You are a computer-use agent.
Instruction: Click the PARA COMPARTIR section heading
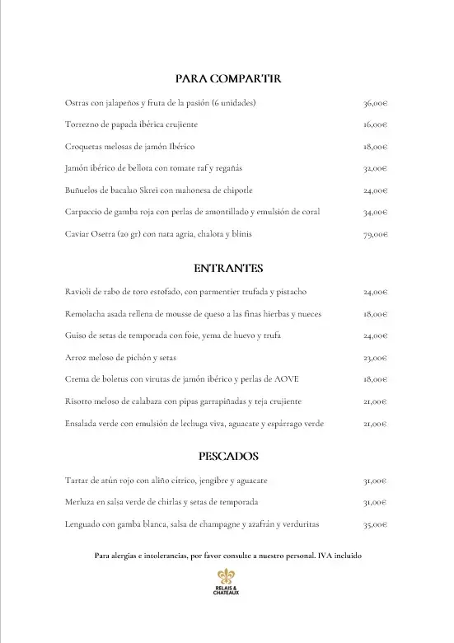228,78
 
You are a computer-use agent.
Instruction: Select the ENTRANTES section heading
228,268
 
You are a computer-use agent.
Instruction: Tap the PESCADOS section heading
228,456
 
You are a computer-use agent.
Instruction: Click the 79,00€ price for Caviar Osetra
375,234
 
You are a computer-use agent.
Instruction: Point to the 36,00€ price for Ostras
375,103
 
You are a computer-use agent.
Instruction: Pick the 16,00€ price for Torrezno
375,125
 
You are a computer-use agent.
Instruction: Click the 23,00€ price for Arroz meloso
375,358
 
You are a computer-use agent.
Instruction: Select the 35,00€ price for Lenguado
375,523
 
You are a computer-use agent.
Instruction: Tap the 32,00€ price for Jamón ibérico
375,169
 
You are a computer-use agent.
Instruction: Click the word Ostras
76,103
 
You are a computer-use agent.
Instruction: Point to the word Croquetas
82,147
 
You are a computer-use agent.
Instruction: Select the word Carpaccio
82,212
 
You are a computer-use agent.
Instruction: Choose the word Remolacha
84,314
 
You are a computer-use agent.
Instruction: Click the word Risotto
77,401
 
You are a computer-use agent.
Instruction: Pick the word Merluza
78,502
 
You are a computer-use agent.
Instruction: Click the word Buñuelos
82,190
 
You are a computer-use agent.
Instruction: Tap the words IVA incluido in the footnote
339,556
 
